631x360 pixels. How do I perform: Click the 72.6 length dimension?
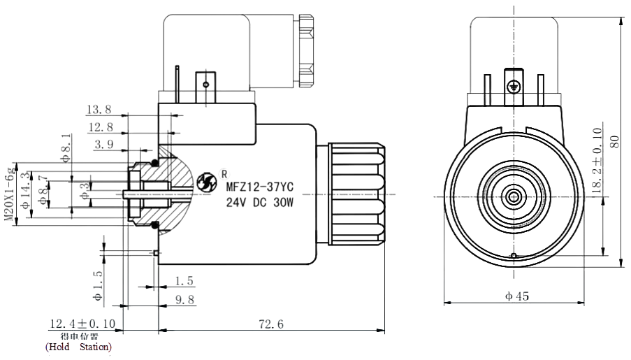[x=270, y=324]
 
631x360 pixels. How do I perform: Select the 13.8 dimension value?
[x=99, y=110]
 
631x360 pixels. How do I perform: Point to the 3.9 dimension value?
[x=103, y=144]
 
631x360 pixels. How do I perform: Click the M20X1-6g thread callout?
[x=9, y=195]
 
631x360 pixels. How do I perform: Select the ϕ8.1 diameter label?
[x=66, y=147]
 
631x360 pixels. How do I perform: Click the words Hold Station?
[x=78, y=347]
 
